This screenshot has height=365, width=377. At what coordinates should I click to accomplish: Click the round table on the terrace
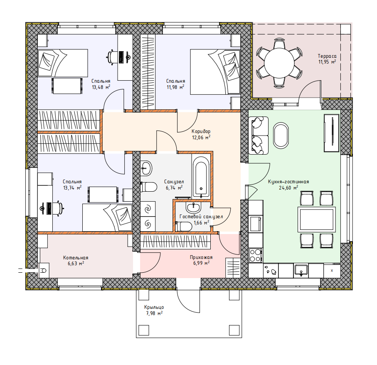(279, 63)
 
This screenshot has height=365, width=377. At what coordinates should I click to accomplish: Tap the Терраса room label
(327, 56)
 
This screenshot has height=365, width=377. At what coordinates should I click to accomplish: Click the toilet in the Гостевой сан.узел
(184, 227)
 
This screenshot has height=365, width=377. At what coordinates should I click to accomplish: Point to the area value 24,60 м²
(288, 187)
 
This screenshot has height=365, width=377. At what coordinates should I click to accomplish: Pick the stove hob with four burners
(256, 255)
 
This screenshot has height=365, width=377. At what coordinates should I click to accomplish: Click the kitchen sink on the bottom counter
(301, 270)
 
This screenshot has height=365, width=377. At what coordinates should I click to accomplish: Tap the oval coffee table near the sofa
(281, 136)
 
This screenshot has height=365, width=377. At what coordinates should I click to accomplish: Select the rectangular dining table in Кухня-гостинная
(317, 219)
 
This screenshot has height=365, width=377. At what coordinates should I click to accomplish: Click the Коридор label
(201, 131)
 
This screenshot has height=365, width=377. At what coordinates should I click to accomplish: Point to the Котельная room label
(76, 257)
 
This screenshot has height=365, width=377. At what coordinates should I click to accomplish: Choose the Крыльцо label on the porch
(154, 307)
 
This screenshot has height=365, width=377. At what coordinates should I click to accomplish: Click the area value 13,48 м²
(101, 87)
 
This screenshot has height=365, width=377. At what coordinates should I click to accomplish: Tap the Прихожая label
(201, 257)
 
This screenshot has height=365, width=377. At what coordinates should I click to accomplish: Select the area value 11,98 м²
(175, 87)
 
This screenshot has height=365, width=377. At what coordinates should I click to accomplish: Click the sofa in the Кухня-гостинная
(259, 136)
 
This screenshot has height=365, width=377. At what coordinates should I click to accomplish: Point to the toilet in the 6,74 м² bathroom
(148, 187)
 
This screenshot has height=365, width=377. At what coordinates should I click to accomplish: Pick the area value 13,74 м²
(72, 188)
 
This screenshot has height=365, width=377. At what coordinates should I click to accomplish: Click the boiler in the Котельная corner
(44, 271)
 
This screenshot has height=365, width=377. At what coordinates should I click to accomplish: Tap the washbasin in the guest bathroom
(193, 207)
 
